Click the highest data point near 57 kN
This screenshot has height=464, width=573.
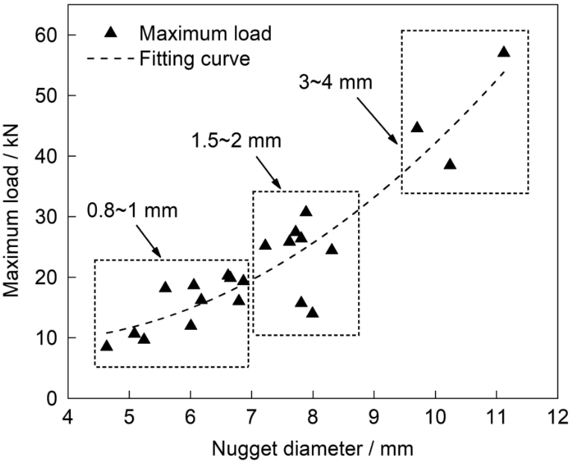pyautogui.click(x=504, y=52)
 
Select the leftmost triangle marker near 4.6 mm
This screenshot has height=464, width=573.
pyautogui.click(x=107, y=345)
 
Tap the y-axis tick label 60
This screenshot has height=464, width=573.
pyautogui.click(x=49, y=35)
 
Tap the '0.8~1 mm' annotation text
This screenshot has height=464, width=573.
pyautogui.click(x=133, y=210)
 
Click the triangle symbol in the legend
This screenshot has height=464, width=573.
pyautogui.click(x=110, y=32)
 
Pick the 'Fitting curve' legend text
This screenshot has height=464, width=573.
pyautogui.click(x=195, y=57)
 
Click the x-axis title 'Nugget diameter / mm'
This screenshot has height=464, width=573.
pyautogui.click(x=312, y=448)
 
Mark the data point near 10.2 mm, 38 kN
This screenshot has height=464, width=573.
pyautogui.click(x=450, y=164)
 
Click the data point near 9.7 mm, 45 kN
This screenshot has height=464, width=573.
pyautogui.click(x=417, y=127)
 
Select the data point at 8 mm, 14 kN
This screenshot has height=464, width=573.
pyautogui.click(x=313, y=312)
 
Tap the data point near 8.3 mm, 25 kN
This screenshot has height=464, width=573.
pyautogui.click(x=332, y=248)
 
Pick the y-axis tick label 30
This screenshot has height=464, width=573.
pyautogui.click(x=49, y=216)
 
